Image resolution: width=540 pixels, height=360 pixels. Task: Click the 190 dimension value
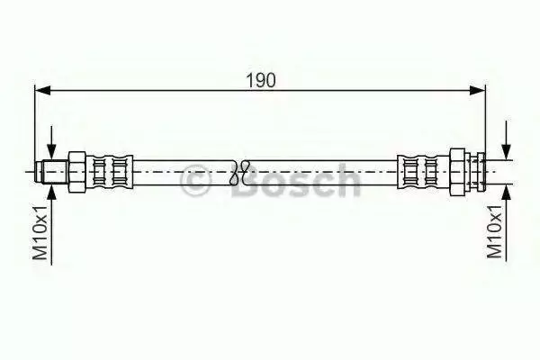coord(261,80)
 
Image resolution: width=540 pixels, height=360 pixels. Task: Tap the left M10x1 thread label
coord(40,232)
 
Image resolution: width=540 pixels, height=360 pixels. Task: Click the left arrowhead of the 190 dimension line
coord(43,91)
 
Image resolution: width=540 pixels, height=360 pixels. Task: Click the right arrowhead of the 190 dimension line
coord(478,91)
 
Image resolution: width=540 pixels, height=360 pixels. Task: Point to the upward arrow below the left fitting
coord(51,224)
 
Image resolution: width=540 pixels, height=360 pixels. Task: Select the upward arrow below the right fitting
coord(506,222)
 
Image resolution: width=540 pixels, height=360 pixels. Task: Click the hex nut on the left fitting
coord(77,172)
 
